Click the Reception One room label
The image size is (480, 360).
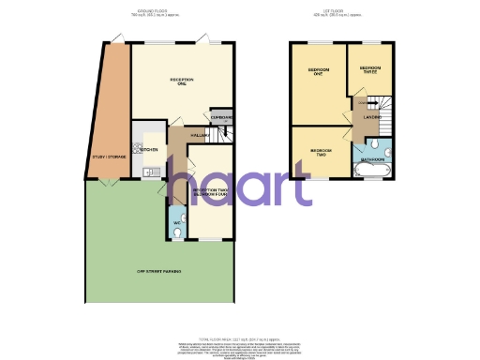pos(181,82)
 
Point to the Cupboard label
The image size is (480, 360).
pos(221,117)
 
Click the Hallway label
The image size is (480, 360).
pos(198,137)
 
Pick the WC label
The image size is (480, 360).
pos(175,222)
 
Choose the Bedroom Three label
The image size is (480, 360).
pos(368,69)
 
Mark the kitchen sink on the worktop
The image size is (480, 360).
pos(148,172)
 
